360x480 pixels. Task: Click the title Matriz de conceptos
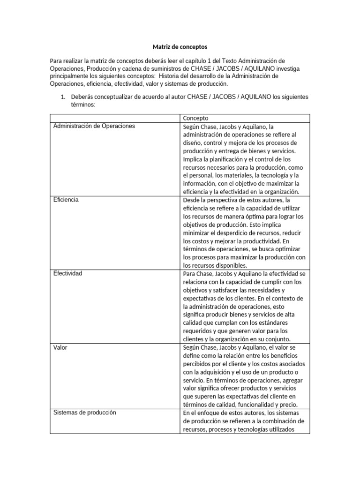tap(180, 47)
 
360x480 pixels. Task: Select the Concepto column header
tap(195, 118)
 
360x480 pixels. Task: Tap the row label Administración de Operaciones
tap(94, 126)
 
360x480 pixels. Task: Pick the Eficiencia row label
tap(66, 200)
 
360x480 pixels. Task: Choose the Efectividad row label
tap(68, 273)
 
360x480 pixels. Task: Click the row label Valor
tap(61, 347)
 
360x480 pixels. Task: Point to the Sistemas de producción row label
tap(85, 412)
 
